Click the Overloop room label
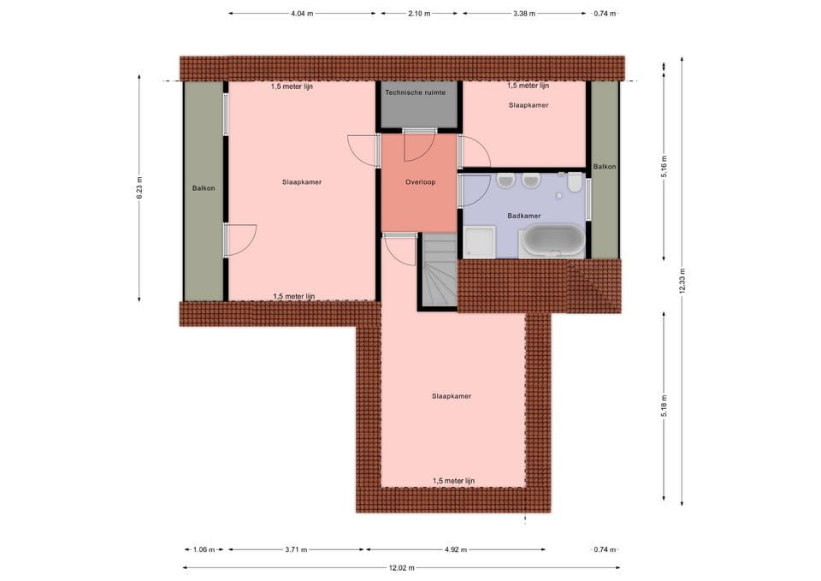click(x=421, y=182)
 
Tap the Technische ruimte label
click(x=416, y=92)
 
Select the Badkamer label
click(x=524, y=216)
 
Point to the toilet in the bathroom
click(x=575, y=182)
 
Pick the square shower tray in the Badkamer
click(x=479, y=242)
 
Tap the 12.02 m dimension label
click(x=402, y=567)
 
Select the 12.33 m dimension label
click(x=682, y=282)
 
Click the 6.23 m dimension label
click(x=139, y=187)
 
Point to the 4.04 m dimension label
click(x=302, y=14)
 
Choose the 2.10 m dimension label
click(x=419, y=14)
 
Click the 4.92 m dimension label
click(x=456, y=549)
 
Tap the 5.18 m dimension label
click(x=664, y=406)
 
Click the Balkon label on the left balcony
click(x=204, y=188)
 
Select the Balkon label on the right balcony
click(x=605, y=167)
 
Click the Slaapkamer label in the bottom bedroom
click(x=452, y=396)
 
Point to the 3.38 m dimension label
click(x=524, y=14)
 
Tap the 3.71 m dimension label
click(x=296, y=549)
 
